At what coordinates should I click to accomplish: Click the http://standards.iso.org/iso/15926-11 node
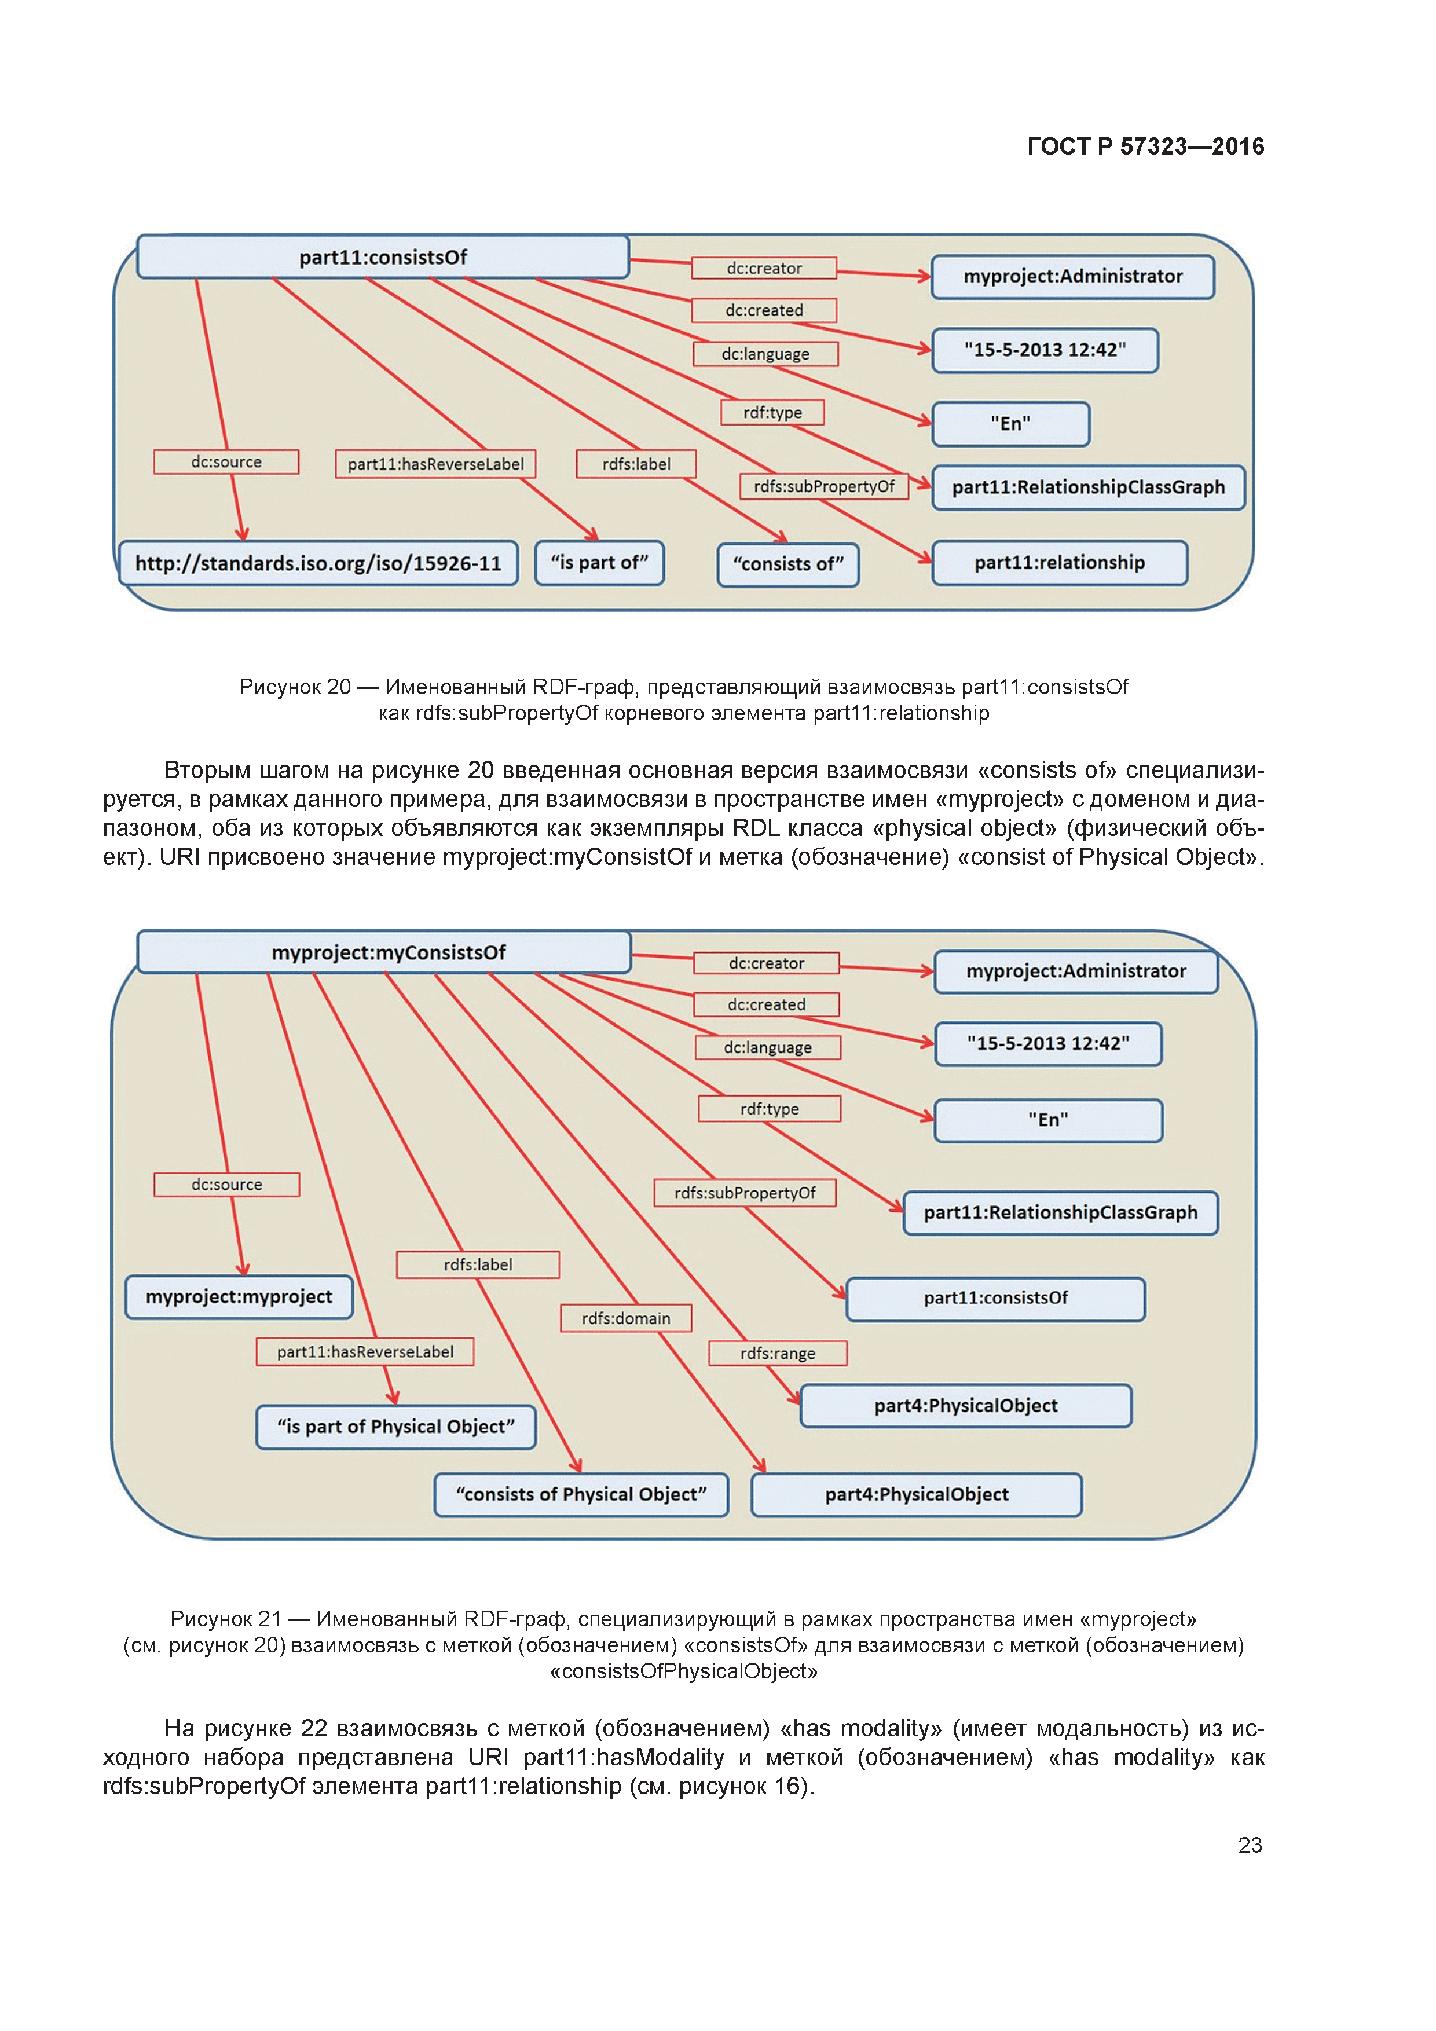[x=318, y=563]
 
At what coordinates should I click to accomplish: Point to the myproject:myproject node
[x=239, y=1297]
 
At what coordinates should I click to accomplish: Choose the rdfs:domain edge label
[x=625, y=1318]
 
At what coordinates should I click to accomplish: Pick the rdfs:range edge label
[x=778, y=1354]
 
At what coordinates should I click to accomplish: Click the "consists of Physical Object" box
[x=581, y=1495]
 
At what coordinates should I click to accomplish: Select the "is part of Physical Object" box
[x=395, y=1427]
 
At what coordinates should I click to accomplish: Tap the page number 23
[x=1250, y=1845]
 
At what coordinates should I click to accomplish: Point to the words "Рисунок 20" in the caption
[x=295, y=687]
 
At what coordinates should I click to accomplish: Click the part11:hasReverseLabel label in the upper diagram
[x=435, y=464]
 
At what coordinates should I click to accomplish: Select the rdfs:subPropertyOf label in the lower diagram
[x=745, y=1193]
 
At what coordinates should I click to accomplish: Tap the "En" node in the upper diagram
[x=1010, y=424]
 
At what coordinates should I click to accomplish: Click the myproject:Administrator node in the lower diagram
[x=1076, y=971]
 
